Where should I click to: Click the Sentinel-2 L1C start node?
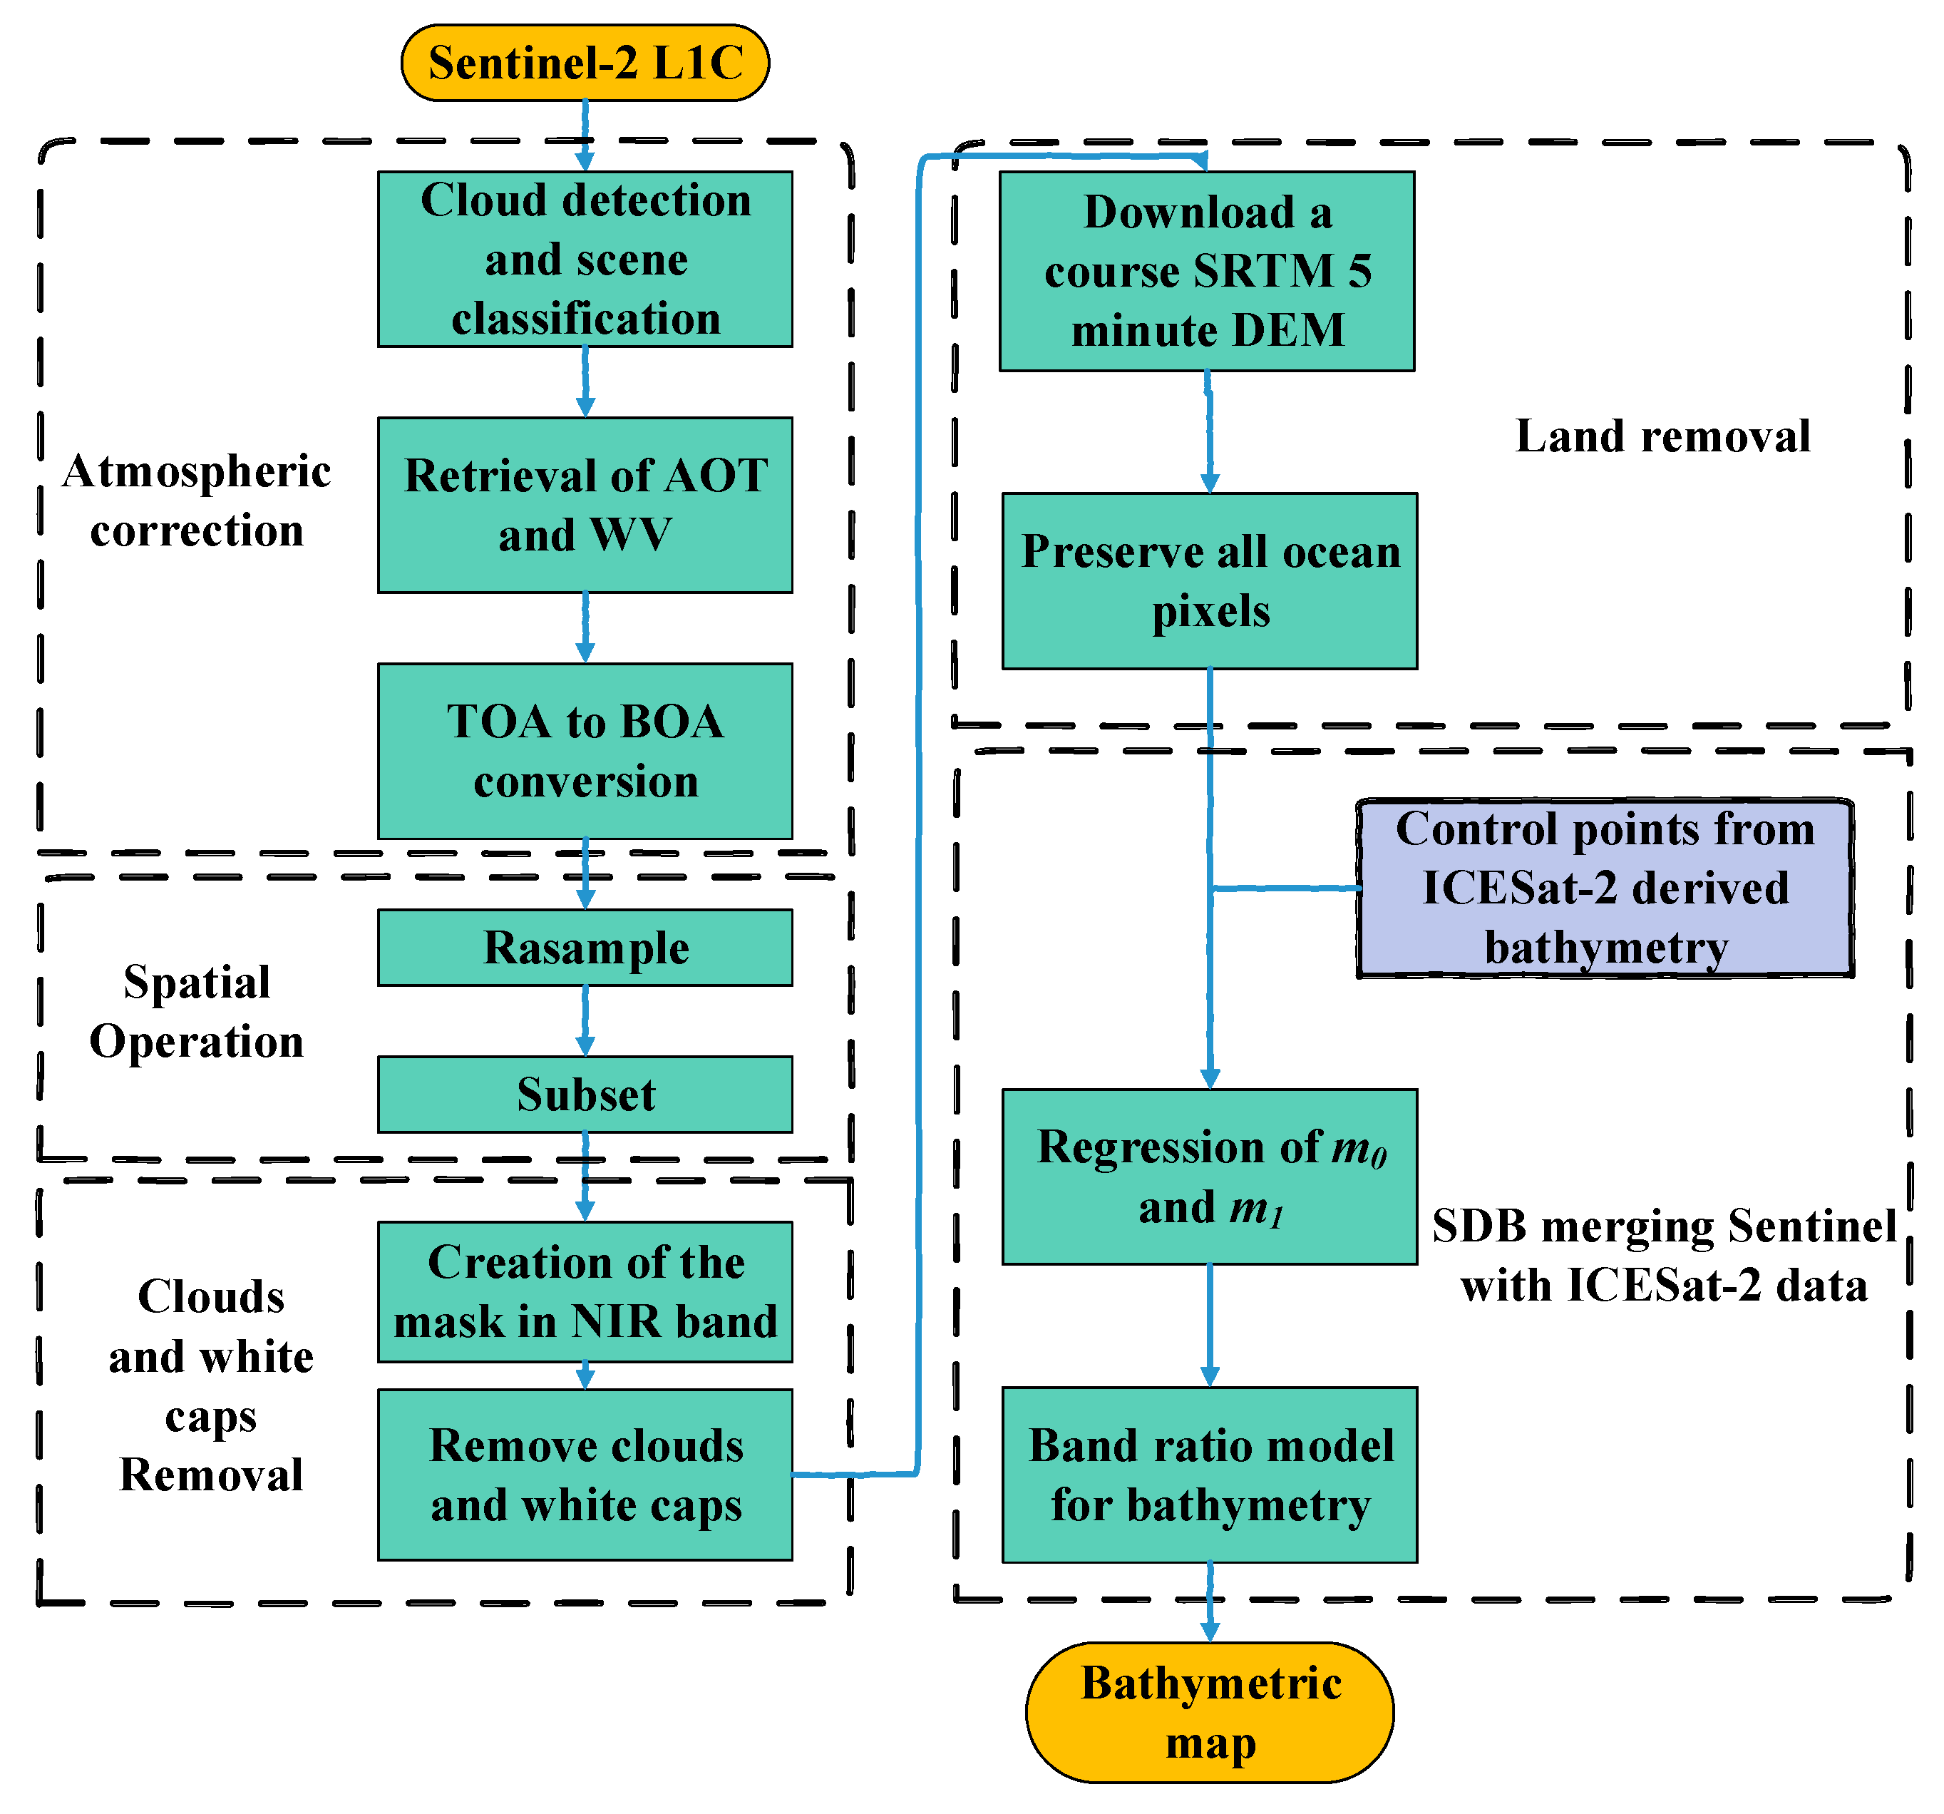tap(585, 63)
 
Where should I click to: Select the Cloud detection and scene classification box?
tap(585, 259)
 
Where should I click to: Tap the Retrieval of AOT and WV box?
tap(585, 505)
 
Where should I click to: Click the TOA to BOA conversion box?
tap(585, 751)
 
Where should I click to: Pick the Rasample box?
tap(585, 948)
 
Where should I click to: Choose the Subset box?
tap(585, 1095)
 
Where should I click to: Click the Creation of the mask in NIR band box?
tap(585, 1292)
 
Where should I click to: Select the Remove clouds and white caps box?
tap(585, 1475)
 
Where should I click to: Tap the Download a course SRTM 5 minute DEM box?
tap(1207, 271)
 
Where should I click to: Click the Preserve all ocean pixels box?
tap(1210, 581)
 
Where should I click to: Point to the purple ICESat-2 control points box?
tap(1605, 888)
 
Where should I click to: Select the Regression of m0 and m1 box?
tap(1210, 1177)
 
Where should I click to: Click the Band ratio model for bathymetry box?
tap(1210, 1475)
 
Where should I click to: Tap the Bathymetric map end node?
tap(1210, 1712)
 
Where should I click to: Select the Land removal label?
tap(1662, 436)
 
